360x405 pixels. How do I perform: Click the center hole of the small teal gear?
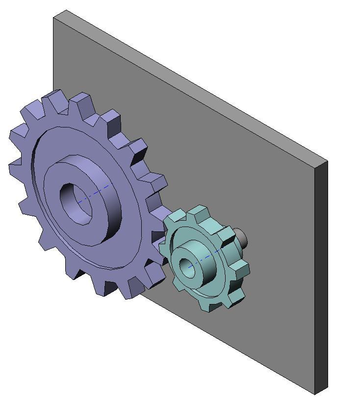187,267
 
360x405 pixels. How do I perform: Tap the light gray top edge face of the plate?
196,83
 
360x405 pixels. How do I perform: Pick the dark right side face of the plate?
321,275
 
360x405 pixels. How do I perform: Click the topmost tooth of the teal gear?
199,213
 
